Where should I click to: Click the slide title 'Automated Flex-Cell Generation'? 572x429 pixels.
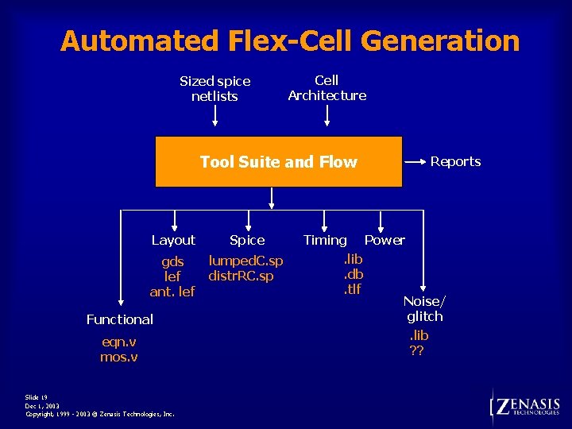(x=290, y=41)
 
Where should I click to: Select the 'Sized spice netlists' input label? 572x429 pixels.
(x=214, y=88)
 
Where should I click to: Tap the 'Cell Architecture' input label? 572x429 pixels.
(x=327, y=87)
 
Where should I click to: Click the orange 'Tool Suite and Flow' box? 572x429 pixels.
(x=278, y=162)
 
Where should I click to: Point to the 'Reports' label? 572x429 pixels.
(x=455, y=161)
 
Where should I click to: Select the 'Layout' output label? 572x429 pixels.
(x=173, y=240)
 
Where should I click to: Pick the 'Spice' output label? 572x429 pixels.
(x=247, y=240)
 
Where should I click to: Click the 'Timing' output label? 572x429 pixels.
(x=325, y=240)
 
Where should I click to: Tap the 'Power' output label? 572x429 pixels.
(x=385, y=240)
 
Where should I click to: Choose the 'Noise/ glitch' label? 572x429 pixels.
(x=424, y=308)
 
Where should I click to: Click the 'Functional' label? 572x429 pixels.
(x=119, y=319)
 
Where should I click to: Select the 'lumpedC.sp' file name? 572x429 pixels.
(x=245, y=261)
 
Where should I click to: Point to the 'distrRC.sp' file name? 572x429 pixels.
(x=241, y=276)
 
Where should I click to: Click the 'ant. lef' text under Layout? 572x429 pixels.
(x=172, y=292)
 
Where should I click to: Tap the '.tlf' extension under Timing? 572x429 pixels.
(x=351, y=289)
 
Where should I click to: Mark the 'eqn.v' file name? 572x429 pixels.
(x=119, y=342)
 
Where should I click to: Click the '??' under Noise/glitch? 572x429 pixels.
(x=416, y=350)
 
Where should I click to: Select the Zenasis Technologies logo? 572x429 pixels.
(x=526, y=407)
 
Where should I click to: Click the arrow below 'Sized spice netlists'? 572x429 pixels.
(x=215, y=118)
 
